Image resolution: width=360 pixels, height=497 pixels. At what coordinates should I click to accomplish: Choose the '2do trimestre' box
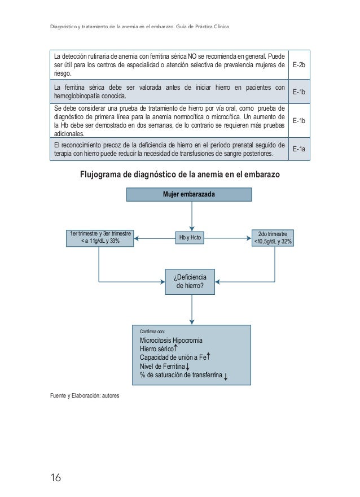[275, 238]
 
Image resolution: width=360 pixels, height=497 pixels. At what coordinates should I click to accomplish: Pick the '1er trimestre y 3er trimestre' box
[99, 238]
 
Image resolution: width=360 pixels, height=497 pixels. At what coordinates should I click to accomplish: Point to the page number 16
[55, 478]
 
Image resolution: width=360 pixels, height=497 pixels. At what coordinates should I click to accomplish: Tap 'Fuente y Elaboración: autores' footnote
[85, 394]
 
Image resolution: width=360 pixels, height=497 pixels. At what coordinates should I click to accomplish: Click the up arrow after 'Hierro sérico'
[177, 348]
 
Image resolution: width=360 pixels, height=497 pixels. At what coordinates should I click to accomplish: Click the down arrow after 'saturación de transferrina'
[226, 377]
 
